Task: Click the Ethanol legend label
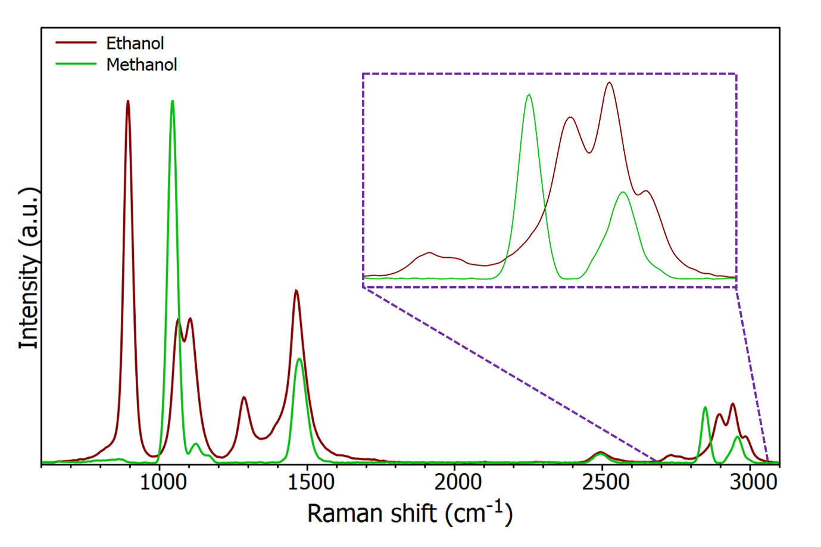(x=135, y=43)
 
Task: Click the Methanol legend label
(x=142, y=65)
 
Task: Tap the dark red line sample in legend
(x=76, y=43)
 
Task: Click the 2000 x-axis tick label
(x=457, y=482)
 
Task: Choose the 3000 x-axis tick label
(x=753, y=482)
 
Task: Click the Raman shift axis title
(x=410, y=512)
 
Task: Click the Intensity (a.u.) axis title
(x=29, y=268)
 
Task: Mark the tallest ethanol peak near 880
(x=128, y=102)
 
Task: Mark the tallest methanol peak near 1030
(x=173, y=102)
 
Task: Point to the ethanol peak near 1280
(x=244, y=397)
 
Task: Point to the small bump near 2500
(x=601, y=452)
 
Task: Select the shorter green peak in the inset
(x=623, y=192)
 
